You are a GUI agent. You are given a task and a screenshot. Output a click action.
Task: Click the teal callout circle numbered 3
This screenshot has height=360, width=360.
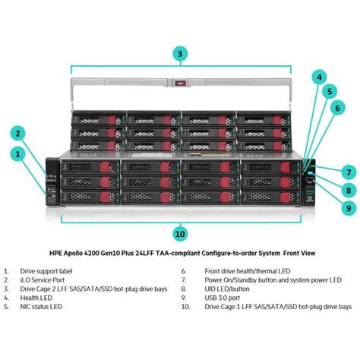pyautogui.click(x=180, y=54)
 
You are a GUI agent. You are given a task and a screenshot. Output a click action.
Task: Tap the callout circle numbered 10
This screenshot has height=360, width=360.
pyautogui.click(x=180, y=234)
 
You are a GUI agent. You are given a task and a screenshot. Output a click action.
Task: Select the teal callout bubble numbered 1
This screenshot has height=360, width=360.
pyautogui.click(x=17, y=154)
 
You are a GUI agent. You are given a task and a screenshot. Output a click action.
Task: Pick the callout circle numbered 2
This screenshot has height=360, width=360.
pyautogui.click(x=17, y=134)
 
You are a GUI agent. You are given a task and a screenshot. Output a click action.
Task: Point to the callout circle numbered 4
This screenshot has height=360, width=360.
pyautogui.click(x=319, y=77)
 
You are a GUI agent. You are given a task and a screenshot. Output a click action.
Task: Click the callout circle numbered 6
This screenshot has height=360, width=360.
pyautogui.click(x=337, y=108)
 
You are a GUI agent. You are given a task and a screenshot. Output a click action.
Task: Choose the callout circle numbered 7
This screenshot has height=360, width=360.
pyautogui.click(x=349, y=172)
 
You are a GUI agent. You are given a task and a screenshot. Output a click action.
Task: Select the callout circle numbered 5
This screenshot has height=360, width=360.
pyautogui.click(x=330, y=91)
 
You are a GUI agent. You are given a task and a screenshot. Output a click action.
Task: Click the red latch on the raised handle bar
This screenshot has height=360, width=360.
pyautogui.click(x=181, y=83)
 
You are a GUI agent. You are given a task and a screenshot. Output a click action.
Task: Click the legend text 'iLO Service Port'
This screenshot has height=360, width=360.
pyautogui.click(x=43, y=280)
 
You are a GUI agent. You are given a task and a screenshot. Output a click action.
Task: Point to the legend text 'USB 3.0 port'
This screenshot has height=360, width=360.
pyautogui.click(x=223, y=298)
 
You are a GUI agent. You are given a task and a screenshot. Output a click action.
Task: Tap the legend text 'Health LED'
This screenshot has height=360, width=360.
pyautogui.click(x=36, y=298)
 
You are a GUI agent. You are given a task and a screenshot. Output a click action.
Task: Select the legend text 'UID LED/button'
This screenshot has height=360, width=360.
pyautogui.click(x=227, y=289)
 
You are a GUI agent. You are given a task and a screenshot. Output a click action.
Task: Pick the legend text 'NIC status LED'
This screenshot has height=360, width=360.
pyautogui.click(x=41, y=307)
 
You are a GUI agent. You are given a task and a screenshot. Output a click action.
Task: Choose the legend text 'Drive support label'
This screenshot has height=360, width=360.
pyautogui.click(x=46, y=271)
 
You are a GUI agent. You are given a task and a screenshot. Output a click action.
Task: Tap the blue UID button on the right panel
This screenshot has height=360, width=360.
pyautogui.click(x=310, y=173)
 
